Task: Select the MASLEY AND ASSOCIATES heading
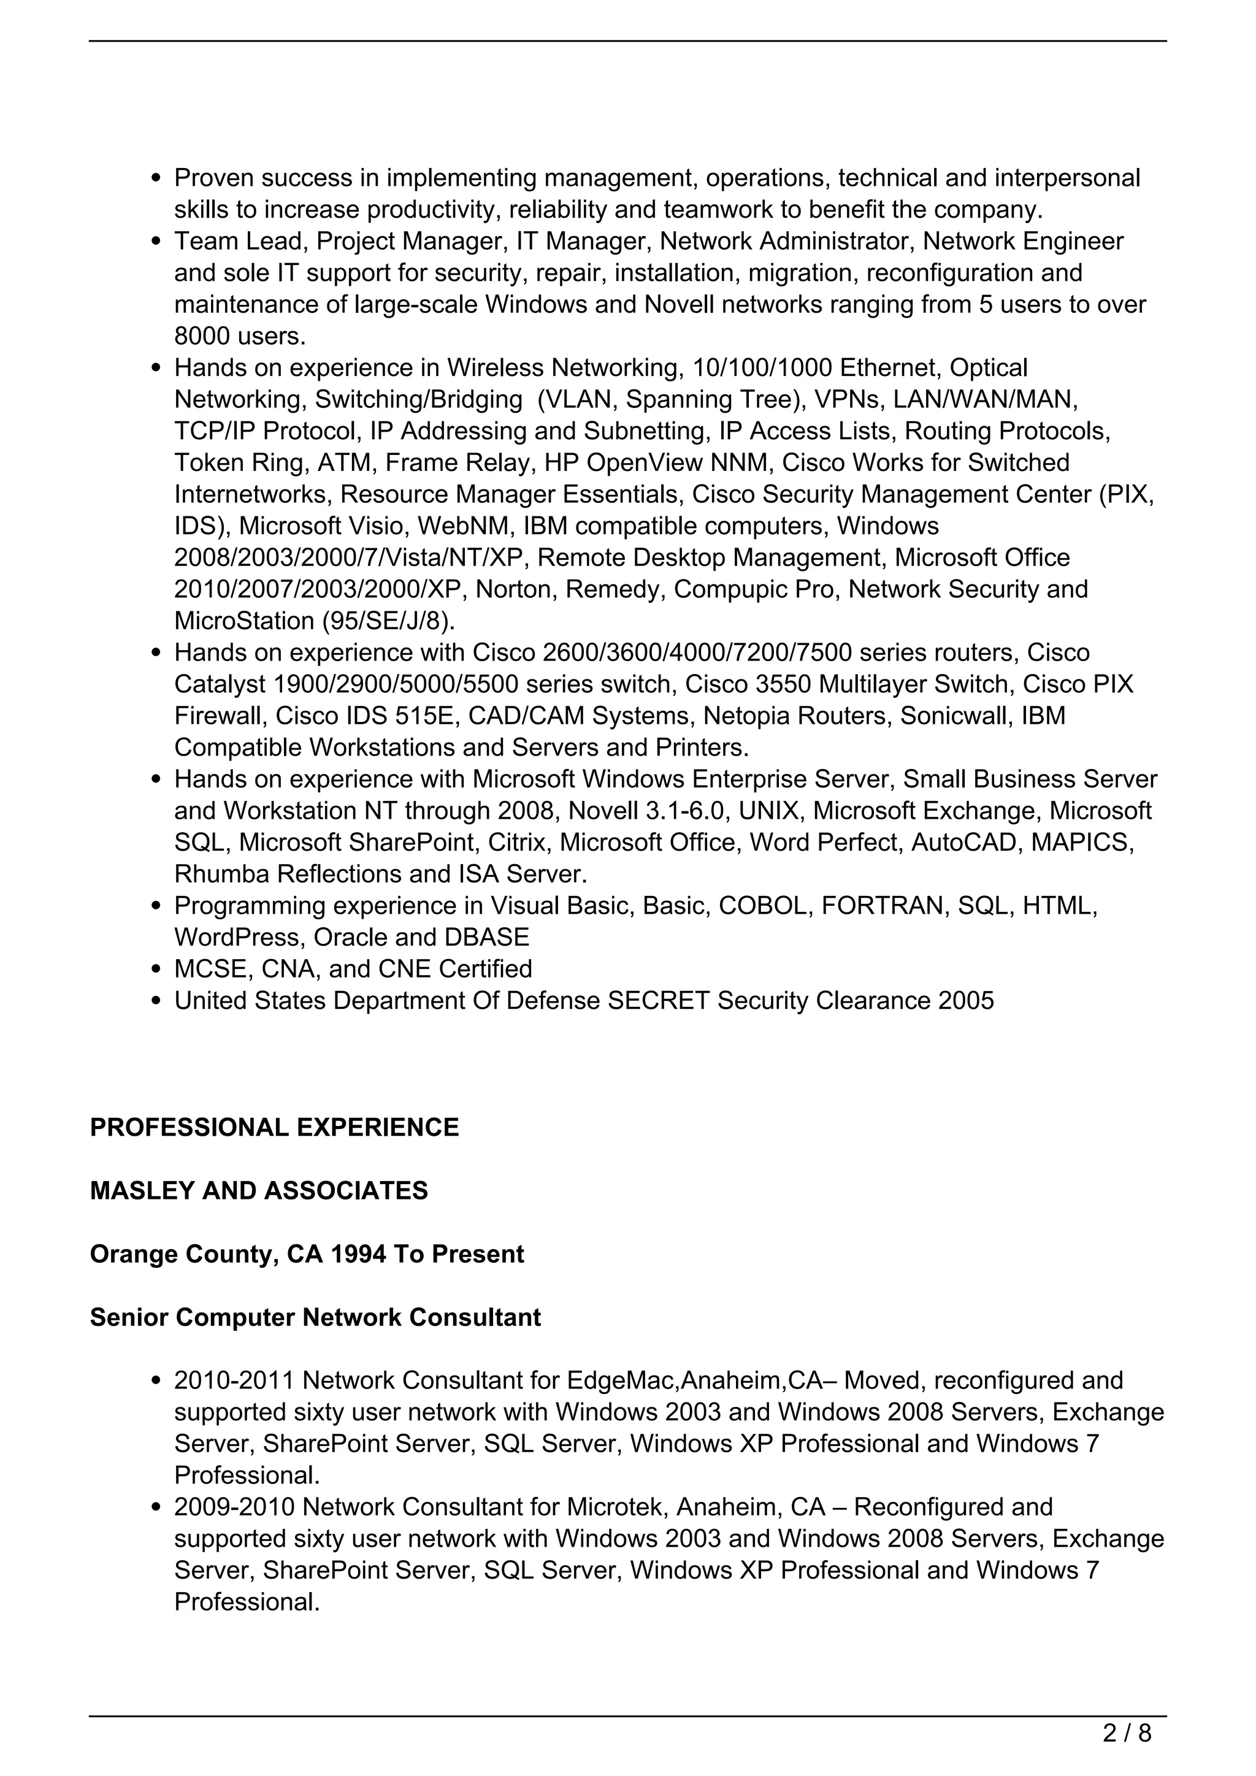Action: (x=258, y=1190)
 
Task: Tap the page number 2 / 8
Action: (x=1127, y=1734)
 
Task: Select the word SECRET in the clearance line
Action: (x=658, y=1000)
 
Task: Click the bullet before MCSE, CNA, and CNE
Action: (x=157, y=968)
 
